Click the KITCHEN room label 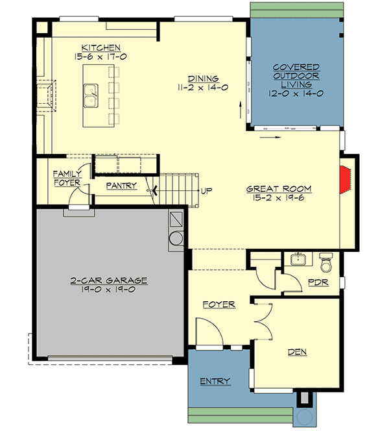[x=101, y=47]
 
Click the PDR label [x=318, y=283]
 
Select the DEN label [x=298, y=352]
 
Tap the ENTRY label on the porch [x=215, y=381]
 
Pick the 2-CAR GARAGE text [x=109, y=280]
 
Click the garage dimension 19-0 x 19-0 [x=109, y=289]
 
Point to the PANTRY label [x=122, y=185]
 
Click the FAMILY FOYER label [x=67, y=179]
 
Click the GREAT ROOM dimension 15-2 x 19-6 [x=279, y=199]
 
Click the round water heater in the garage [x=176, y=240]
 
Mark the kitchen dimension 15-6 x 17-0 [x=101, y=56]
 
